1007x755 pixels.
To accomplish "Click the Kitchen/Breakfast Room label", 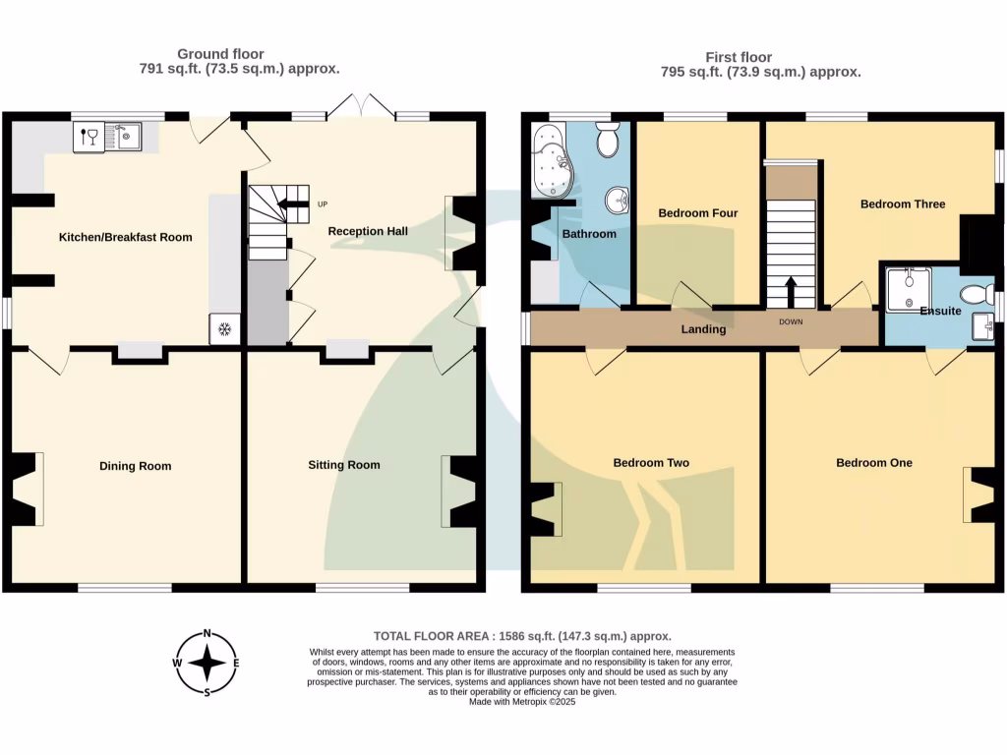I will click(x=125, y=237).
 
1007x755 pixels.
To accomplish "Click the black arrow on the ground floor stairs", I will click(x=292, y=204).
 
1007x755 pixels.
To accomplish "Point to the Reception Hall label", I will click(x=368, y=231).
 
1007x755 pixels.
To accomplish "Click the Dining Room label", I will click(x=135, y=466).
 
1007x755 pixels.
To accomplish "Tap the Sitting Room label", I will click(x=344, y=465).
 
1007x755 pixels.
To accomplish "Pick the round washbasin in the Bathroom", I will click(x=618, y=200).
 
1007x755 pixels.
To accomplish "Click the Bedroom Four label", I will click(x=697, y=213).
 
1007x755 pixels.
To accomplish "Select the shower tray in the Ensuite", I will click(x=909, y=290).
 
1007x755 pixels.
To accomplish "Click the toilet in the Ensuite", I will click(x=977, y=292).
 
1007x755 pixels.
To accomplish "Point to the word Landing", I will click(x=703, y=329).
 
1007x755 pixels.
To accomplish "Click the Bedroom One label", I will click(x=873, y=463).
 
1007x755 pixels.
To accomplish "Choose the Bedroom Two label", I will click(x=650, y=463).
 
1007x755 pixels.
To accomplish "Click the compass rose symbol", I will click(x=207, y=663).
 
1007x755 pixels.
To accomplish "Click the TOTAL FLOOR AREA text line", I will click(x=522, y=636).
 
